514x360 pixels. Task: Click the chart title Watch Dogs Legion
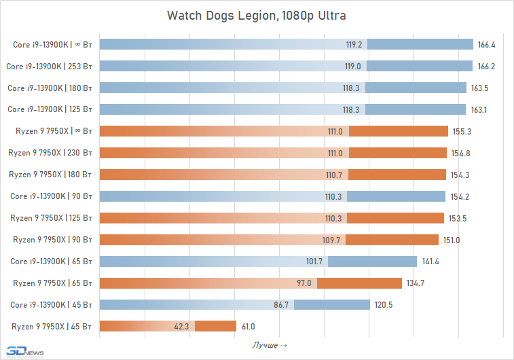[257, 15]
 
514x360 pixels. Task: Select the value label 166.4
[486, 45]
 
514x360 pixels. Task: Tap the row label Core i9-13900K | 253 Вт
[49, 67]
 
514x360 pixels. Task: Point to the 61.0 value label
[248, 327]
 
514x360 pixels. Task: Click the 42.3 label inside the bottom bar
[182, 327]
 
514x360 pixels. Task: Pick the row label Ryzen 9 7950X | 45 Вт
[52, 327]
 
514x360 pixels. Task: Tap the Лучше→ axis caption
[270, 346]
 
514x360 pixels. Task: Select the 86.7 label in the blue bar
[281, 305]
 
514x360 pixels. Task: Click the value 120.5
[384, 305]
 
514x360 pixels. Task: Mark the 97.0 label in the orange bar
[304, 283]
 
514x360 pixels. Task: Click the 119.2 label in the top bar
[354, 45]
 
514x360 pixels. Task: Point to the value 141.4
[430, 262]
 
